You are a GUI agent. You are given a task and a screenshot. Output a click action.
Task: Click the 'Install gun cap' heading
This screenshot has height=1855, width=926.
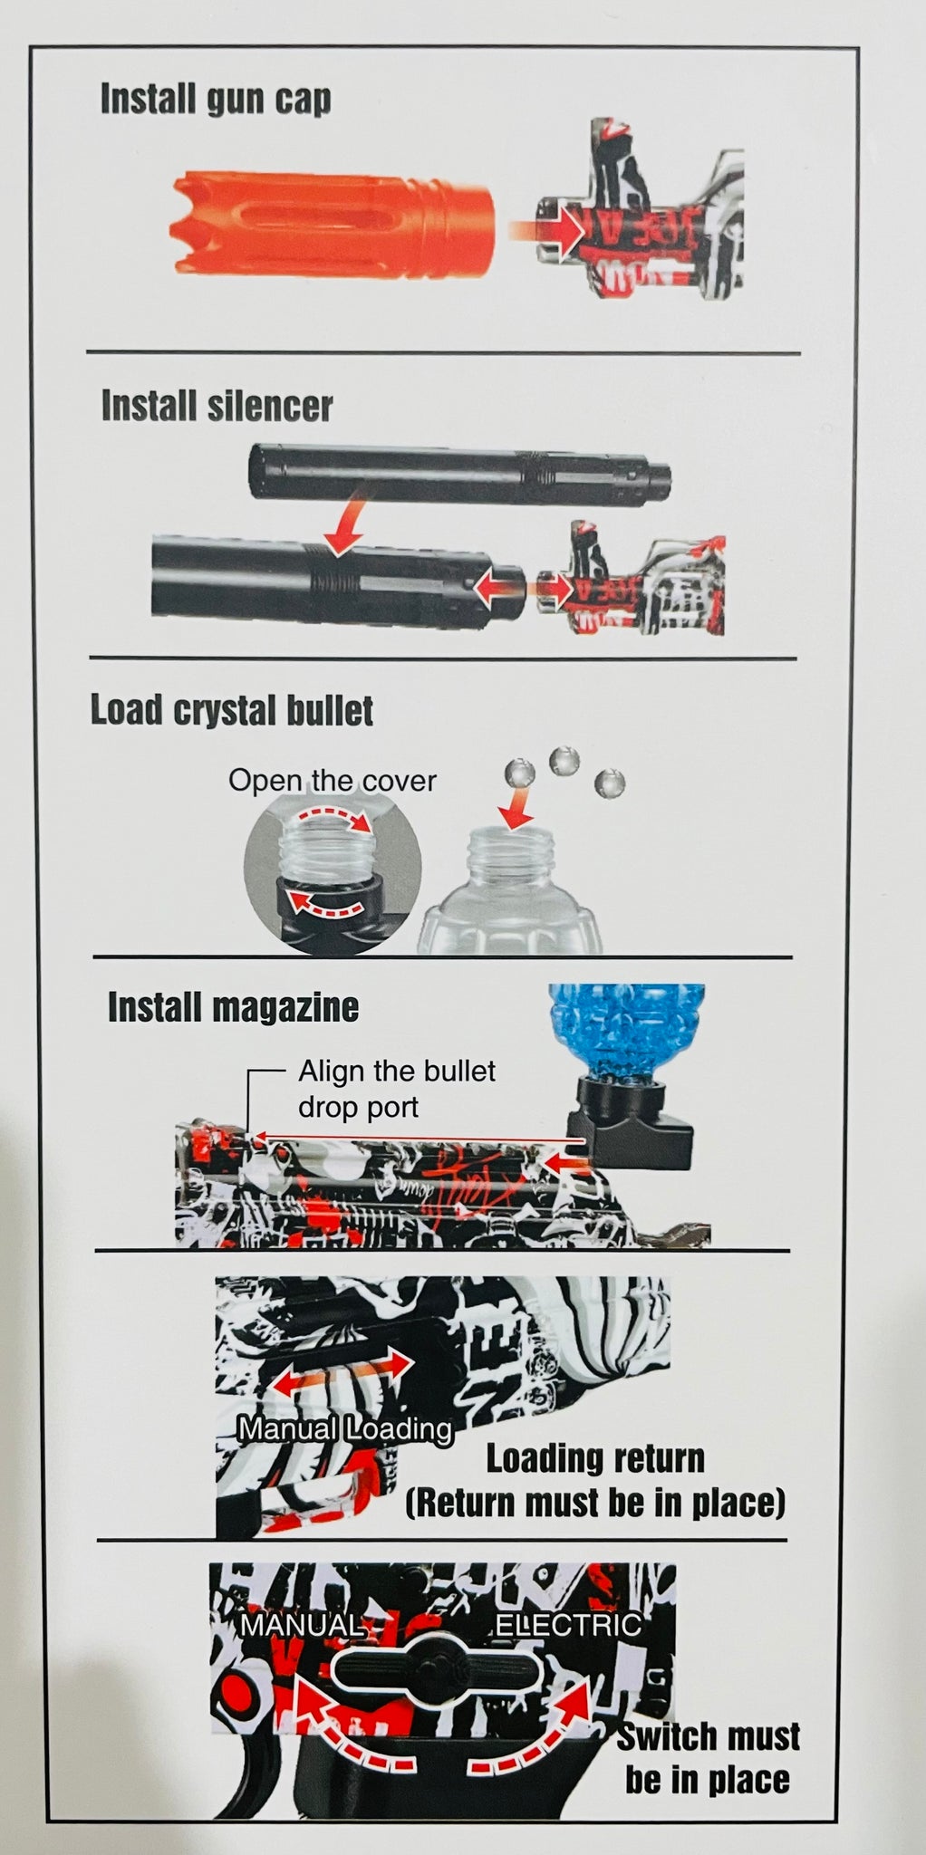coord(216,99)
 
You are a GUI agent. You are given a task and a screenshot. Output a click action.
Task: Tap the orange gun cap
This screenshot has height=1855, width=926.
coord(333,221)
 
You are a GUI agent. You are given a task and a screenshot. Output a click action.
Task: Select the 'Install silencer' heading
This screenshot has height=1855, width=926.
coord(217,406)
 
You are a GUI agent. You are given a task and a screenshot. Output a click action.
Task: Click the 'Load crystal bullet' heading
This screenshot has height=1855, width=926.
coord(231,711)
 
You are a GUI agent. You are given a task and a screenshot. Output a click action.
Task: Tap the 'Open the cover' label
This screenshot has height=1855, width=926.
coord(333,780)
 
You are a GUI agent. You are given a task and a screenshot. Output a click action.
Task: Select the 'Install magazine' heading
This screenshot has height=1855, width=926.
coord(233,1007)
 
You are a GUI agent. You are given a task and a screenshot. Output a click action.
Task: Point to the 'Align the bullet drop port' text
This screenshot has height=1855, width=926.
coord(397,1089)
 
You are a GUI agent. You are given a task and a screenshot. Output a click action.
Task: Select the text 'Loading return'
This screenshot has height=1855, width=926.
coord(595,1458)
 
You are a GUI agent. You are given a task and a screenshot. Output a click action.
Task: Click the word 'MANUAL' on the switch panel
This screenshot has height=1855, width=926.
coord(301,1624)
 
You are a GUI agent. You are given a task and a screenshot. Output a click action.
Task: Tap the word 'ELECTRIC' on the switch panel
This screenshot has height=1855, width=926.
coord(568,1624)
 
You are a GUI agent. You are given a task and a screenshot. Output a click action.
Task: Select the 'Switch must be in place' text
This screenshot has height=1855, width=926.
coord(708,1757)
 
